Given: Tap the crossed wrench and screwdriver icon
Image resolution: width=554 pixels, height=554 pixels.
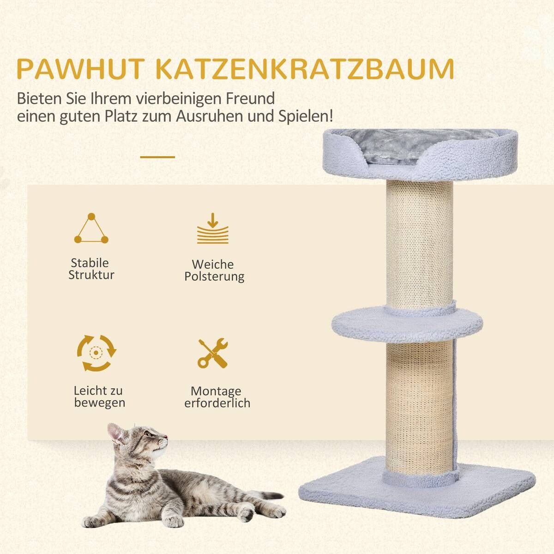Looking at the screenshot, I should click(213, 353).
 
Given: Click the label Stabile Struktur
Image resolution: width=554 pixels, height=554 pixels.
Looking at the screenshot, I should click(91, 269).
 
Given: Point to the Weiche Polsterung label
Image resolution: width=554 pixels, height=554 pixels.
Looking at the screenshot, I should click(214, 271).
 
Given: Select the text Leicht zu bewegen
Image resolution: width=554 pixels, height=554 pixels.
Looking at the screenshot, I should click(99, 397).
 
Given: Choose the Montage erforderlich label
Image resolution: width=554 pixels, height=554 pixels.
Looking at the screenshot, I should click(217, 397).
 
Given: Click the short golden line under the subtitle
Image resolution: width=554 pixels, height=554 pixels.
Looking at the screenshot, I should click(157, 157).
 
